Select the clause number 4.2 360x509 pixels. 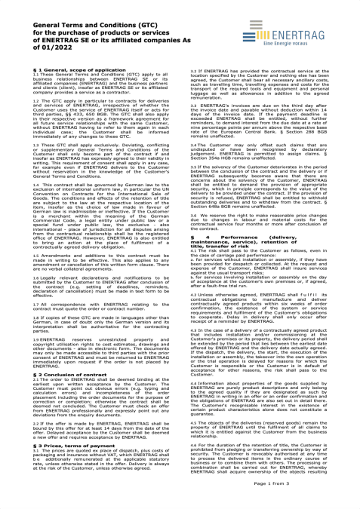tap(192, 304)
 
